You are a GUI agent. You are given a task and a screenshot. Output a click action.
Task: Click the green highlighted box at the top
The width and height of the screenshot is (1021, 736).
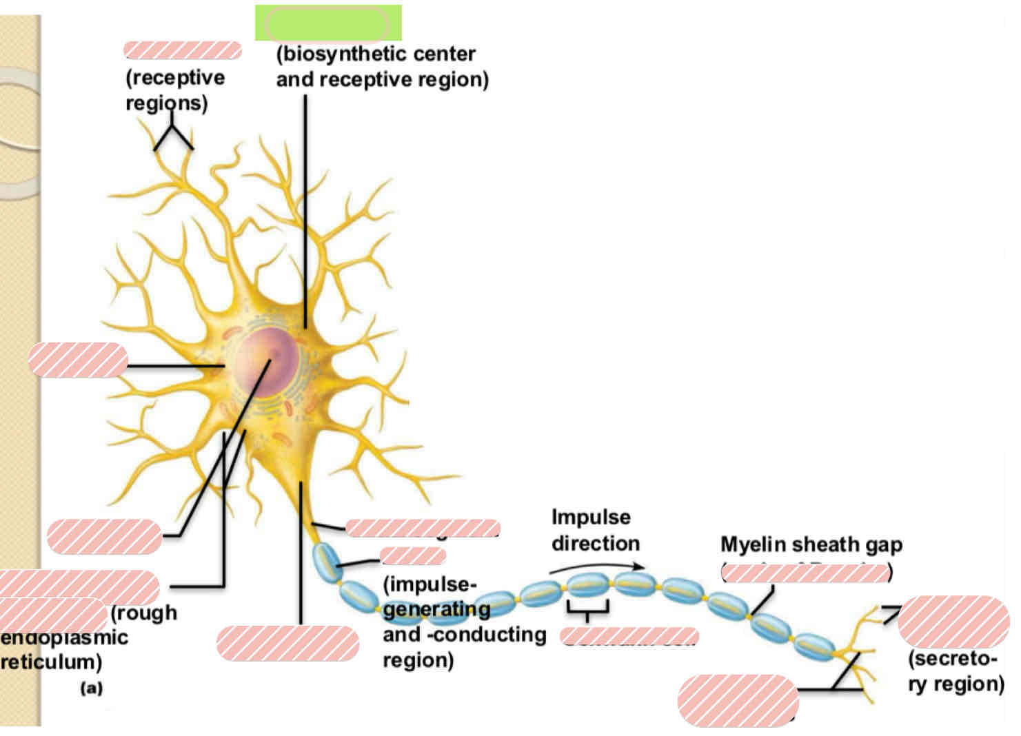point(328,23)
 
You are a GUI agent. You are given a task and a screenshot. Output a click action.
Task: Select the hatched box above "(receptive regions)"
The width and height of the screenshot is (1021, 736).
point(182,50)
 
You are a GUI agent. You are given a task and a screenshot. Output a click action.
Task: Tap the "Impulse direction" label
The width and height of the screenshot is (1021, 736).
point(594,530)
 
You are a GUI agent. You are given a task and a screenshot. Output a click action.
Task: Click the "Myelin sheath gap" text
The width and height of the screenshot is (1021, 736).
point(811,544)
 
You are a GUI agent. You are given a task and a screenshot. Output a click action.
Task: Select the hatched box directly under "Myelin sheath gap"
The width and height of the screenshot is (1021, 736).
point(805,573)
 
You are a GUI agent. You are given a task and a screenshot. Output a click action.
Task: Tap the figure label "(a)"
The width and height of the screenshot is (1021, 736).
point(91,688)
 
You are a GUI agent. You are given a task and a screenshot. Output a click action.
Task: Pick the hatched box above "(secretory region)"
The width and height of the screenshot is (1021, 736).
point(953,622)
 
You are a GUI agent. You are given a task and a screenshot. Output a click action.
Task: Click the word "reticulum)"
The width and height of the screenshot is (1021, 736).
point(51,662)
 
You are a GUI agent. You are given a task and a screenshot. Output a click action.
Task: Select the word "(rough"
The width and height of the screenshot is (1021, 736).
point(143,613)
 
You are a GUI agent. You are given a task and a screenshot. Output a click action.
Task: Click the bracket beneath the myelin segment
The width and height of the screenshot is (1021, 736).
point(587,609)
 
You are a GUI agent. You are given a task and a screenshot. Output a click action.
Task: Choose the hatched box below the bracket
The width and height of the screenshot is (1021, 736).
point(629,636)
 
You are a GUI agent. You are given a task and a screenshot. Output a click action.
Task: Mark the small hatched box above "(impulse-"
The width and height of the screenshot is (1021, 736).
point(412,555)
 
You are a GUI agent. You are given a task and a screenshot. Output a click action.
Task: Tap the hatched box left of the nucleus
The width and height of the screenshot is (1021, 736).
point(78,360)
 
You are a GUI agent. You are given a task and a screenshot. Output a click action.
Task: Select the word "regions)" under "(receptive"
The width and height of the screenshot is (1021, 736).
point(166,103)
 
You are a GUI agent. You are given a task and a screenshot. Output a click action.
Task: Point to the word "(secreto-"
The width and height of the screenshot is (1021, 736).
point(952,659)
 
